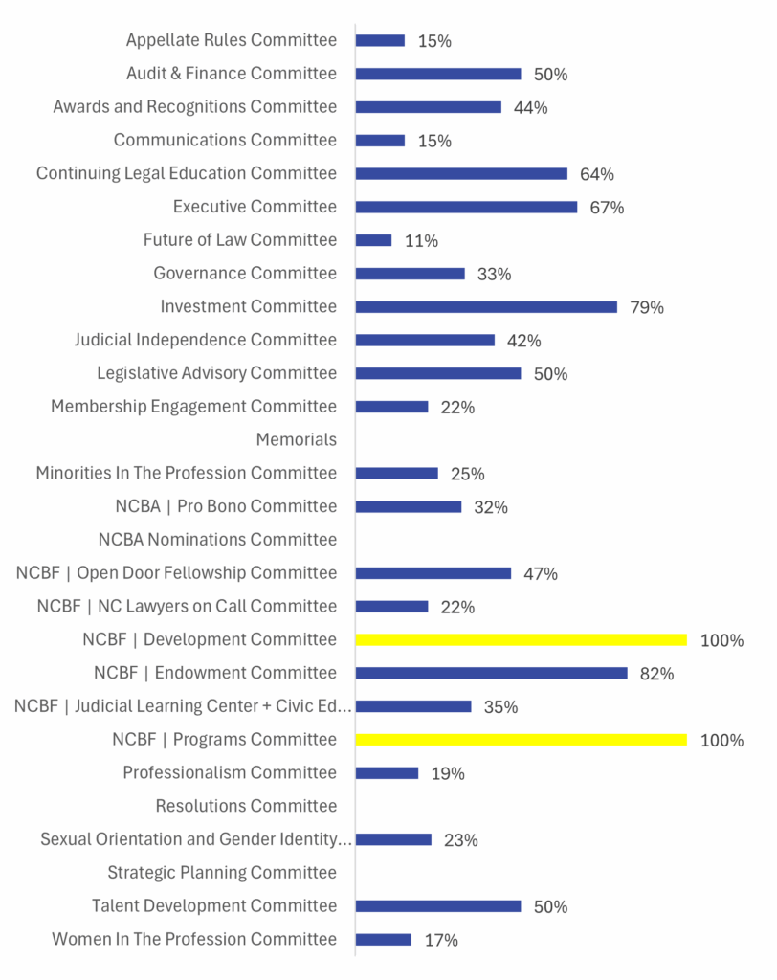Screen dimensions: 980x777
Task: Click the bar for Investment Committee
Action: point(486,306)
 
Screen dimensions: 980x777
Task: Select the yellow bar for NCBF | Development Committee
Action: point(521,639)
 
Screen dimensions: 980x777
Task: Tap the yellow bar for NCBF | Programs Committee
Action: point(521,740)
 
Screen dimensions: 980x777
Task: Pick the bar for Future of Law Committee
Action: point(373,240)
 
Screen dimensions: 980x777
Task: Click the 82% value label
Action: point(656,674)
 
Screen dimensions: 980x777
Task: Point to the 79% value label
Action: point(647,307)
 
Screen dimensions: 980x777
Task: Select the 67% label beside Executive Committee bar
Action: point(607,208)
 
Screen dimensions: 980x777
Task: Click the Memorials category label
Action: point(297,440)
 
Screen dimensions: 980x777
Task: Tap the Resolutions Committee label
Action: point(246,806)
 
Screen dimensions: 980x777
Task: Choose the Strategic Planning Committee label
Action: point(222,873)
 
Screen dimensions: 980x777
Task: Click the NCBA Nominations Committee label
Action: point(217,540)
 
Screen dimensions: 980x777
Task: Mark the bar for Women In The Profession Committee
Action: point(383,940)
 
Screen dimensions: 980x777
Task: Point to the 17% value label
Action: point(441,941)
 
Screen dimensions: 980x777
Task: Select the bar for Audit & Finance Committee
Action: point(438,74)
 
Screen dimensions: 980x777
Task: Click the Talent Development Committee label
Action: point(214,906)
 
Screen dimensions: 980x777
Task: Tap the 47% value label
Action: point(541,574)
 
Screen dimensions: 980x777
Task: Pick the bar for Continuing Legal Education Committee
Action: point(461,173)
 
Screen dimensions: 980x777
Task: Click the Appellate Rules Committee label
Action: point(232,40)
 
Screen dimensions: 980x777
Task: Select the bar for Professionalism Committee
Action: point(387,772)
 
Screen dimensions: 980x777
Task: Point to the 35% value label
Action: point(500,707)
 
